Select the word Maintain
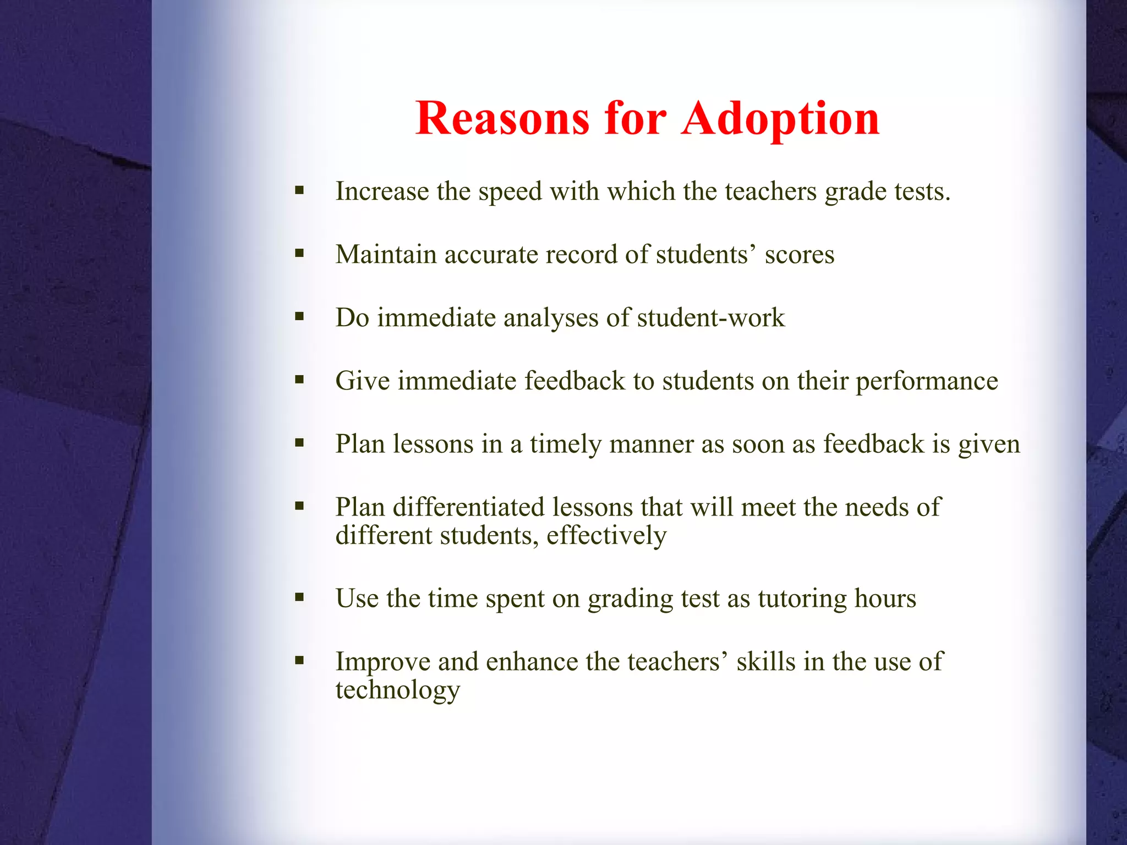point(386,255)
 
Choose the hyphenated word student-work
point(710,318)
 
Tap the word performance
point(927,381)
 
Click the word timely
point(566,445)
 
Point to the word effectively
point(606,536)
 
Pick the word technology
point(398,690)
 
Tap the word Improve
point(383,662)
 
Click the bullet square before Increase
point(299,191)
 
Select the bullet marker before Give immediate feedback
point(299,380)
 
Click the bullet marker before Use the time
point(299,597)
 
